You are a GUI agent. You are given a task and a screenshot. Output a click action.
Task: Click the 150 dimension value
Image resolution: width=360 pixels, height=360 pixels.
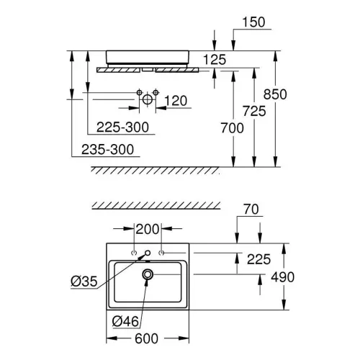(x=253, y=22)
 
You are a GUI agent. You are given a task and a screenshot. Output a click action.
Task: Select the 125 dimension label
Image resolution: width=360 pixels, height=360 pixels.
(x=215, y=60)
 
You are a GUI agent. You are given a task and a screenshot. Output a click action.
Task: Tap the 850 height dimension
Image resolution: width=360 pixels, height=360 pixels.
(x=275, y=94)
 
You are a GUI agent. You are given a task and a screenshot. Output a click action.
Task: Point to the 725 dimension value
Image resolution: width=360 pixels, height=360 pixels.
(x=254, y=111)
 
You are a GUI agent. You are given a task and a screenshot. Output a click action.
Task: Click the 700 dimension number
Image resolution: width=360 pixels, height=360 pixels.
(x=232, y=128)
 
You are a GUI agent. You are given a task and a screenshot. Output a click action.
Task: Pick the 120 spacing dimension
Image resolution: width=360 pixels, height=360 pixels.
(x=176, y=101)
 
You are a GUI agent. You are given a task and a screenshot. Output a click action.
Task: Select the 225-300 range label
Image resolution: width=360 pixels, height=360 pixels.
(x=122, y=127)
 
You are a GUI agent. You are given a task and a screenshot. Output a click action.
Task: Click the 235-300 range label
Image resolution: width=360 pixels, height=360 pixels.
(x=107, y=150)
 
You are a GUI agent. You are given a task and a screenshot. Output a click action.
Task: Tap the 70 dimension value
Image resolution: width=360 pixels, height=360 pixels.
(x=251, y=210)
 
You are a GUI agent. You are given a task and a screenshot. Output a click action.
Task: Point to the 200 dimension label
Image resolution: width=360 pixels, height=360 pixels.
(x=148, y=229)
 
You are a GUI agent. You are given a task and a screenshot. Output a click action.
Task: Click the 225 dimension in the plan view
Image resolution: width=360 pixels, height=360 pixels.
(x=258, y=259)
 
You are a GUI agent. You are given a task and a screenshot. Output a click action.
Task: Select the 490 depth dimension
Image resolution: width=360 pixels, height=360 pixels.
(x=283, y=277)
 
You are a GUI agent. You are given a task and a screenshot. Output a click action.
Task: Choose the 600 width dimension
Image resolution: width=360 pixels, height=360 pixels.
(x=146, y=338)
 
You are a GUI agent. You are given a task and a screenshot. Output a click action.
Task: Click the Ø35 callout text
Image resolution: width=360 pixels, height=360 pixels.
(x=84, y=282)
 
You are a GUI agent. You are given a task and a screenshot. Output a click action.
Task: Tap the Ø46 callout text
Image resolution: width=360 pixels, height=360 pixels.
(x=125, y=321)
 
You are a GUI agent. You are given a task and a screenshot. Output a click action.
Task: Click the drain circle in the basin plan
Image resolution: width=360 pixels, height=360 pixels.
(x=148, y=274)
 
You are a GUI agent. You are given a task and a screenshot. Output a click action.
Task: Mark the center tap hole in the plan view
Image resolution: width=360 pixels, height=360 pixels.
(x=148, y=253)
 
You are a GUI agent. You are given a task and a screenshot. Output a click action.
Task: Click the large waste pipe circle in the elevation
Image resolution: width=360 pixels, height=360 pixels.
(x=148, y=99)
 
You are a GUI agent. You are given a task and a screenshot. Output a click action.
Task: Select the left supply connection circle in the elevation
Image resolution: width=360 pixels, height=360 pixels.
(x=139, y=92)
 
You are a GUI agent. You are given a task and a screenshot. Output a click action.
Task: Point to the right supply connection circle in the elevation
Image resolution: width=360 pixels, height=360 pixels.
(x=156, y=92)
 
